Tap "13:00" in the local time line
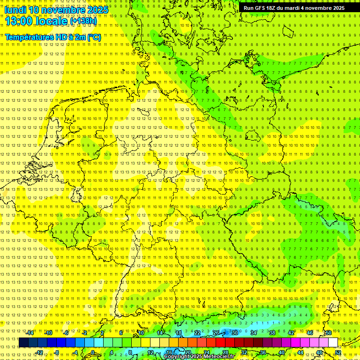coord(19,21)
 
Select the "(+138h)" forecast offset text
coord(83,21)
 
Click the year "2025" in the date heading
coord(97,10)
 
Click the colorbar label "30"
coord(235,333)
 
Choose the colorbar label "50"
coord(329,333)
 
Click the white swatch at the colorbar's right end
coord(333,343)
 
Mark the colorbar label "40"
coord(282,352)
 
